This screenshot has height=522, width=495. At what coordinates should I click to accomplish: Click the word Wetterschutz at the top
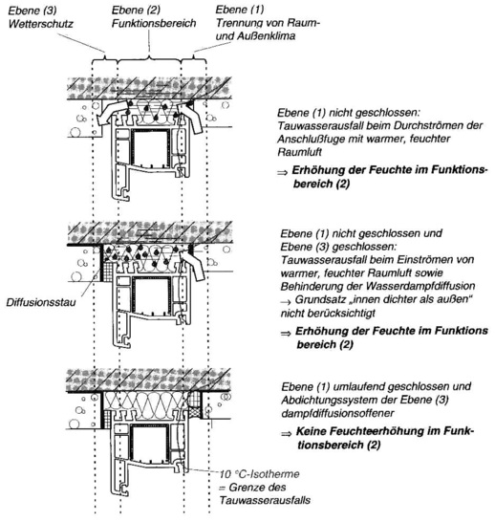(x=40, y=24)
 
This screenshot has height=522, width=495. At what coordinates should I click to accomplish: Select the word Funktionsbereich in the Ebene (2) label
(x=154, y=24)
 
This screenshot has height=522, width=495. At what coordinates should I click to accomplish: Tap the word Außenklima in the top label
(x=266, y=36)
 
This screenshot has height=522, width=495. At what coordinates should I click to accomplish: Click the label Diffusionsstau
(x=41, y=302)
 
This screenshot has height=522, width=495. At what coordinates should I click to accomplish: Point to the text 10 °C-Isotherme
(x=260, y=474)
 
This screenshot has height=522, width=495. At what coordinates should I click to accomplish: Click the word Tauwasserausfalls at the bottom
(x=265, y=500)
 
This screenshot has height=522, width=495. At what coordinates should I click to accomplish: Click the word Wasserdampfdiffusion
(x=420, y=286)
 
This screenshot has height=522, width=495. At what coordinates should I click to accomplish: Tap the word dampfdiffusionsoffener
(x=337, y=413)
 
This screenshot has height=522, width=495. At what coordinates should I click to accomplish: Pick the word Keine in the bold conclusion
(x=310, y=432)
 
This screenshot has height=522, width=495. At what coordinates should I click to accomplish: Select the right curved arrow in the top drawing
(x=190, y=117)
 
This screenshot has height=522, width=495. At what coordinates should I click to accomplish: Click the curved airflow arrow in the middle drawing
(x=192, y=264)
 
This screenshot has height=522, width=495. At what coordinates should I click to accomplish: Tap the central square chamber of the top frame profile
(x=150, y=148)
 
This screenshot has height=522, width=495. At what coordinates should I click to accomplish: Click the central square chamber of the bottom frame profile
(x=149, y=443)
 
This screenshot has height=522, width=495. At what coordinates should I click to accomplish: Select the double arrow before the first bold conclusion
(x=283, y=172)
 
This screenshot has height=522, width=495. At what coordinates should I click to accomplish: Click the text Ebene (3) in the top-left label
(x=32, y=11)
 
